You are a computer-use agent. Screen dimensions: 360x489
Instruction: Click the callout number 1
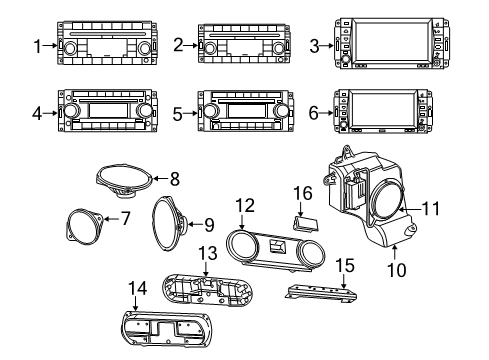coord(37,46)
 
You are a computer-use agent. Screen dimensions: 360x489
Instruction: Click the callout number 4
coord(37,114)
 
